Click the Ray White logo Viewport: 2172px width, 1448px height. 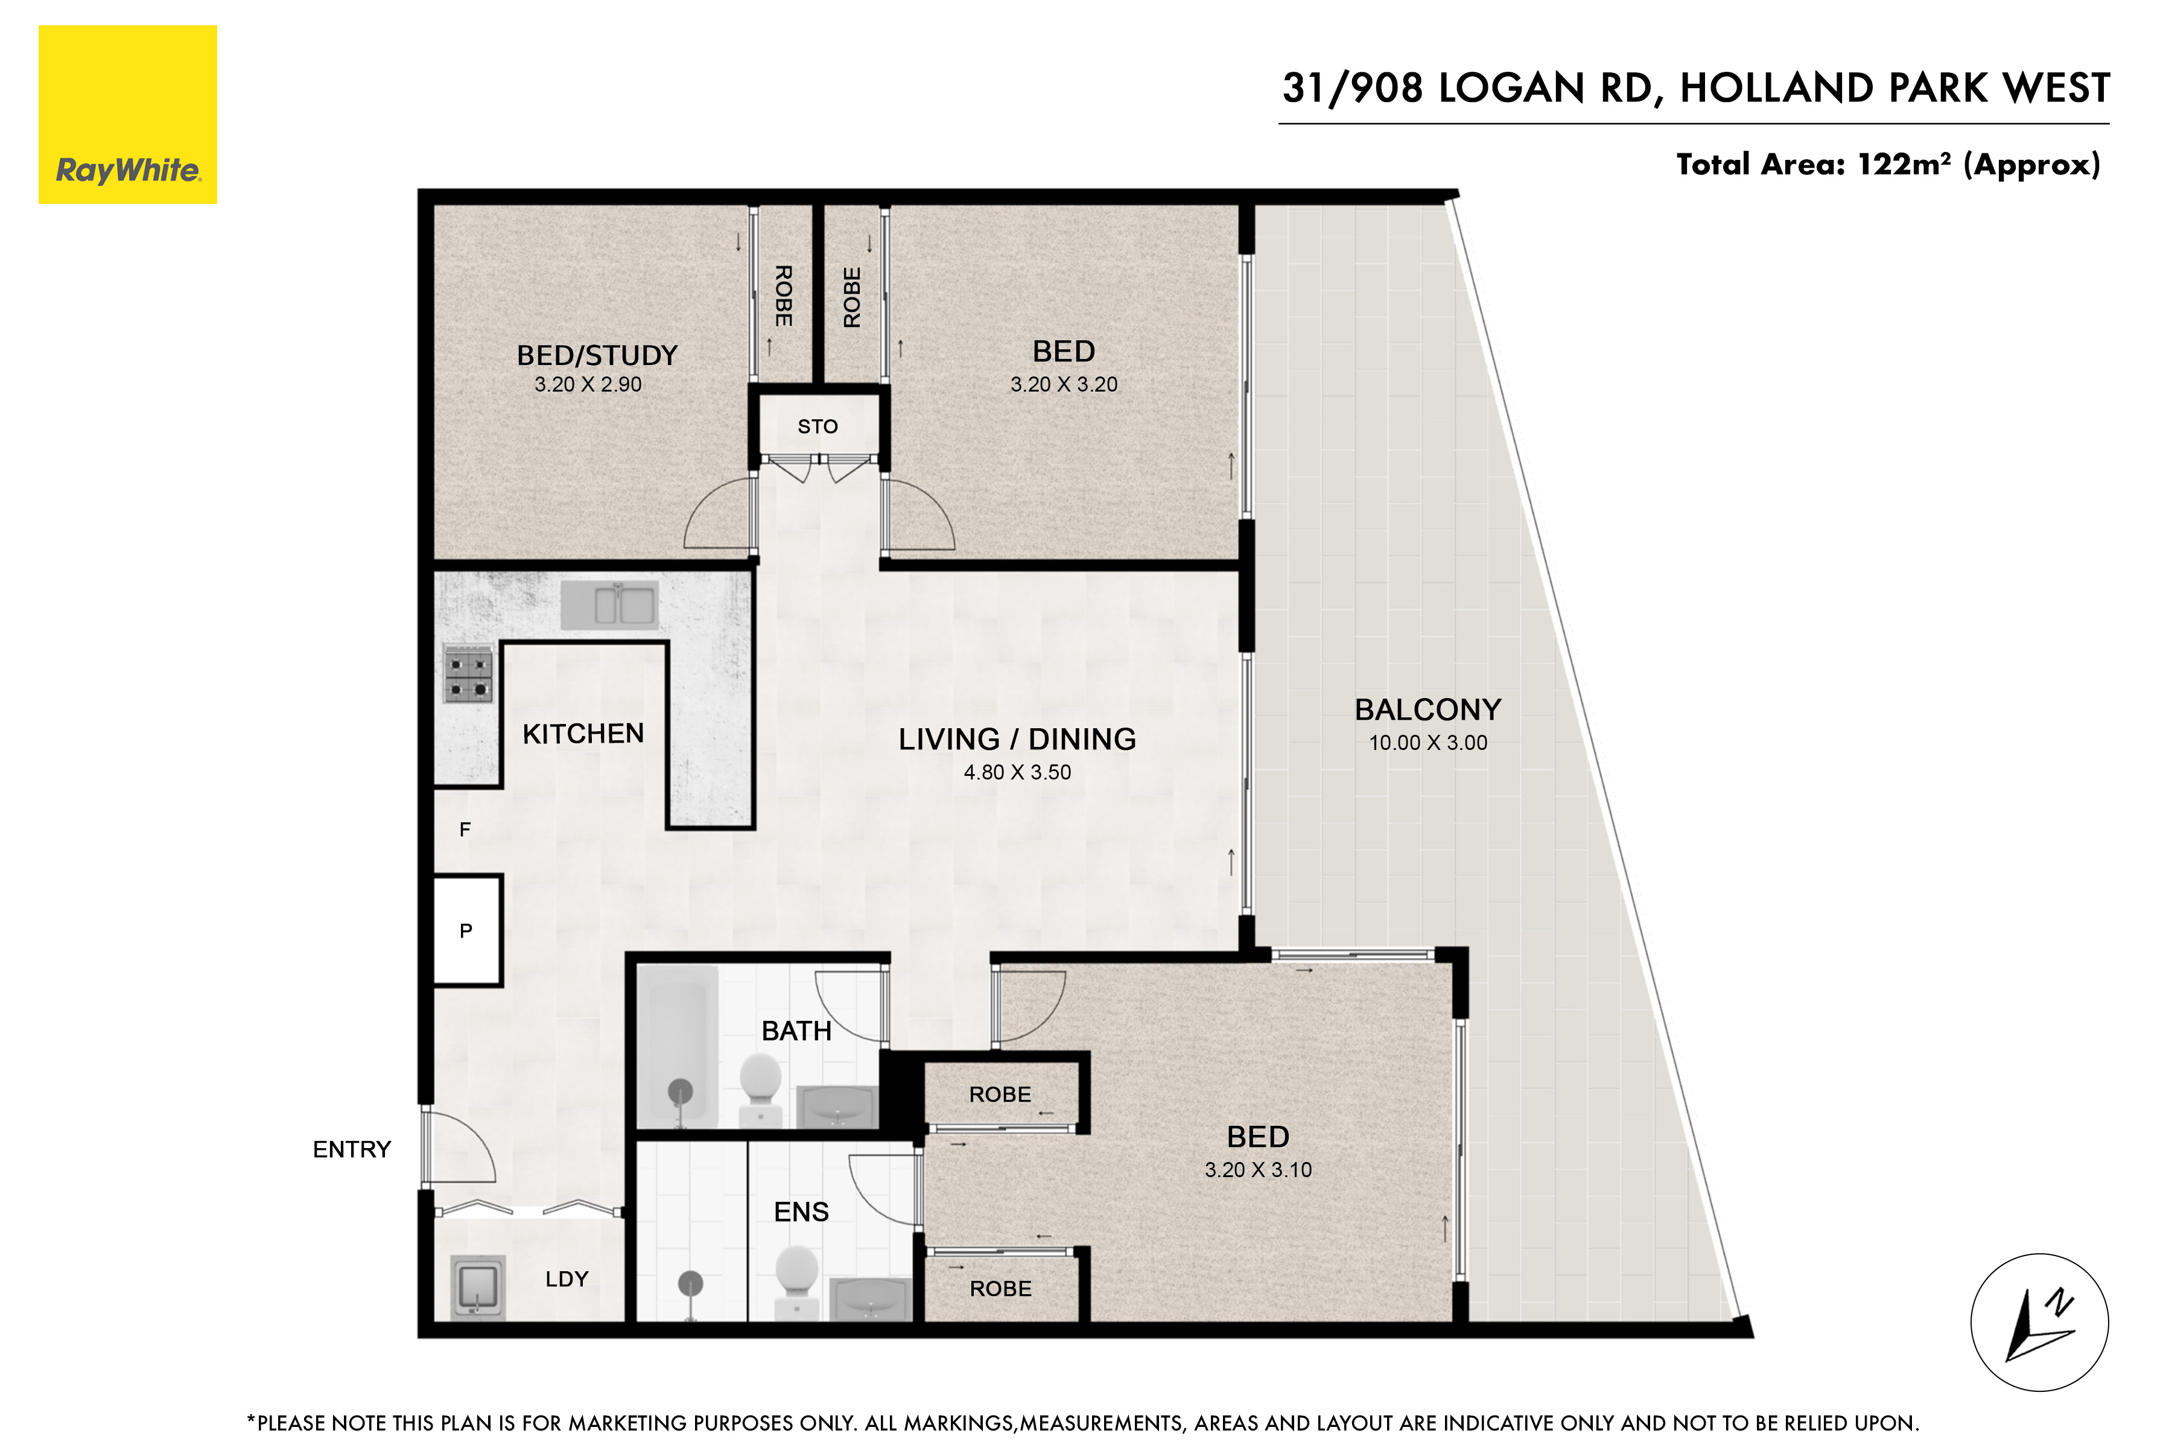(x=127, y=115)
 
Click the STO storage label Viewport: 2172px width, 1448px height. (x=818, y=427)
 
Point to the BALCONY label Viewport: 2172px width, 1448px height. (x=1427, y=710)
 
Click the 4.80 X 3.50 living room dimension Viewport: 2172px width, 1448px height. (x=1017, y=772)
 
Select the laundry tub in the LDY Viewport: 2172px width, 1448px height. (x=477, y=1286)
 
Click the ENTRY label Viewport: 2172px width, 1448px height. (x=352, y=1150)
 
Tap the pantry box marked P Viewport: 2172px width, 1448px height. (x=466, y=930)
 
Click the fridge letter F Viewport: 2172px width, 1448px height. (x=465, y=829)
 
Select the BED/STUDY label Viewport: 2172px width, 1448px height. (x=597, y=355)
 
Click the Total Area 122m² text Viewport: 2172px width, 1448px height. (x=1888, y=164)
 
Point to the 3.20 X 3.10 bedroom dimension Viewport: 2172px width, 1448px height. (x=1258, y=1170)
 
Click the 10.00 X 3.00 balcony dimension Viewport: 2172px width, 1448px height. (x=1427, y=743)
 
